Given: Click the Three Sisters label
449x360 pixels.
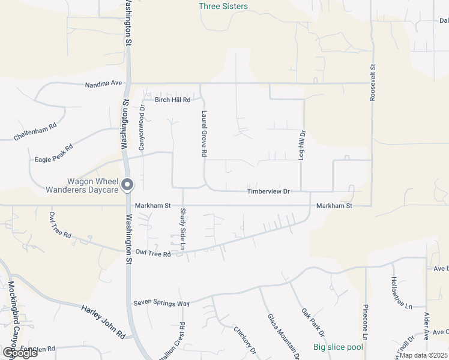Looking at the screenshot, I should [x=223, y=7].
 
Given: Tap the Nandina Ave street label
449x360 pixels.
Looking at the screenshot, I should [x=103, y=84].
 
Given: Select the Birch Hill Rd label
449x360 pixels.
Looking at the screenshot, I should [x=172, y=100].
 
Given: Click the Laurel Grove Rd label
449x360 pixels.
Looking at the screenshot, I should [x=204, y=133].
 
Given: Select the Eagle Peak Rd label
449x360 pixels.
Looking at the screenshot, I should [x=53, y=154].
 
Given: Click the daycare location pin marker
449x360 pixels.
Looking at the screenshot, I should [x=127, y=185].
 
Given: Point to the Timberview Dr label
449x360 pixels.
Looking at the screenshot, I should [x=268, y=191].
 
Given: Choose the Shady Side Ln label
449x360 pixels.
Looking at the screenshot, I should [x=183, y=229].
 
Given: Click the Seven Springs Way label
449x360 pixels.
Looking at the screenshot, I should [x=161, y=304].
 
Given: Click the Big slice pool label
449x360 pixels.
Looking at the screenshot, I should [x=339, y=347].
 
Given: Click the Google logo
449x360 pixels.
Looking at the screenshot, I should [x=19, y=353].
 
